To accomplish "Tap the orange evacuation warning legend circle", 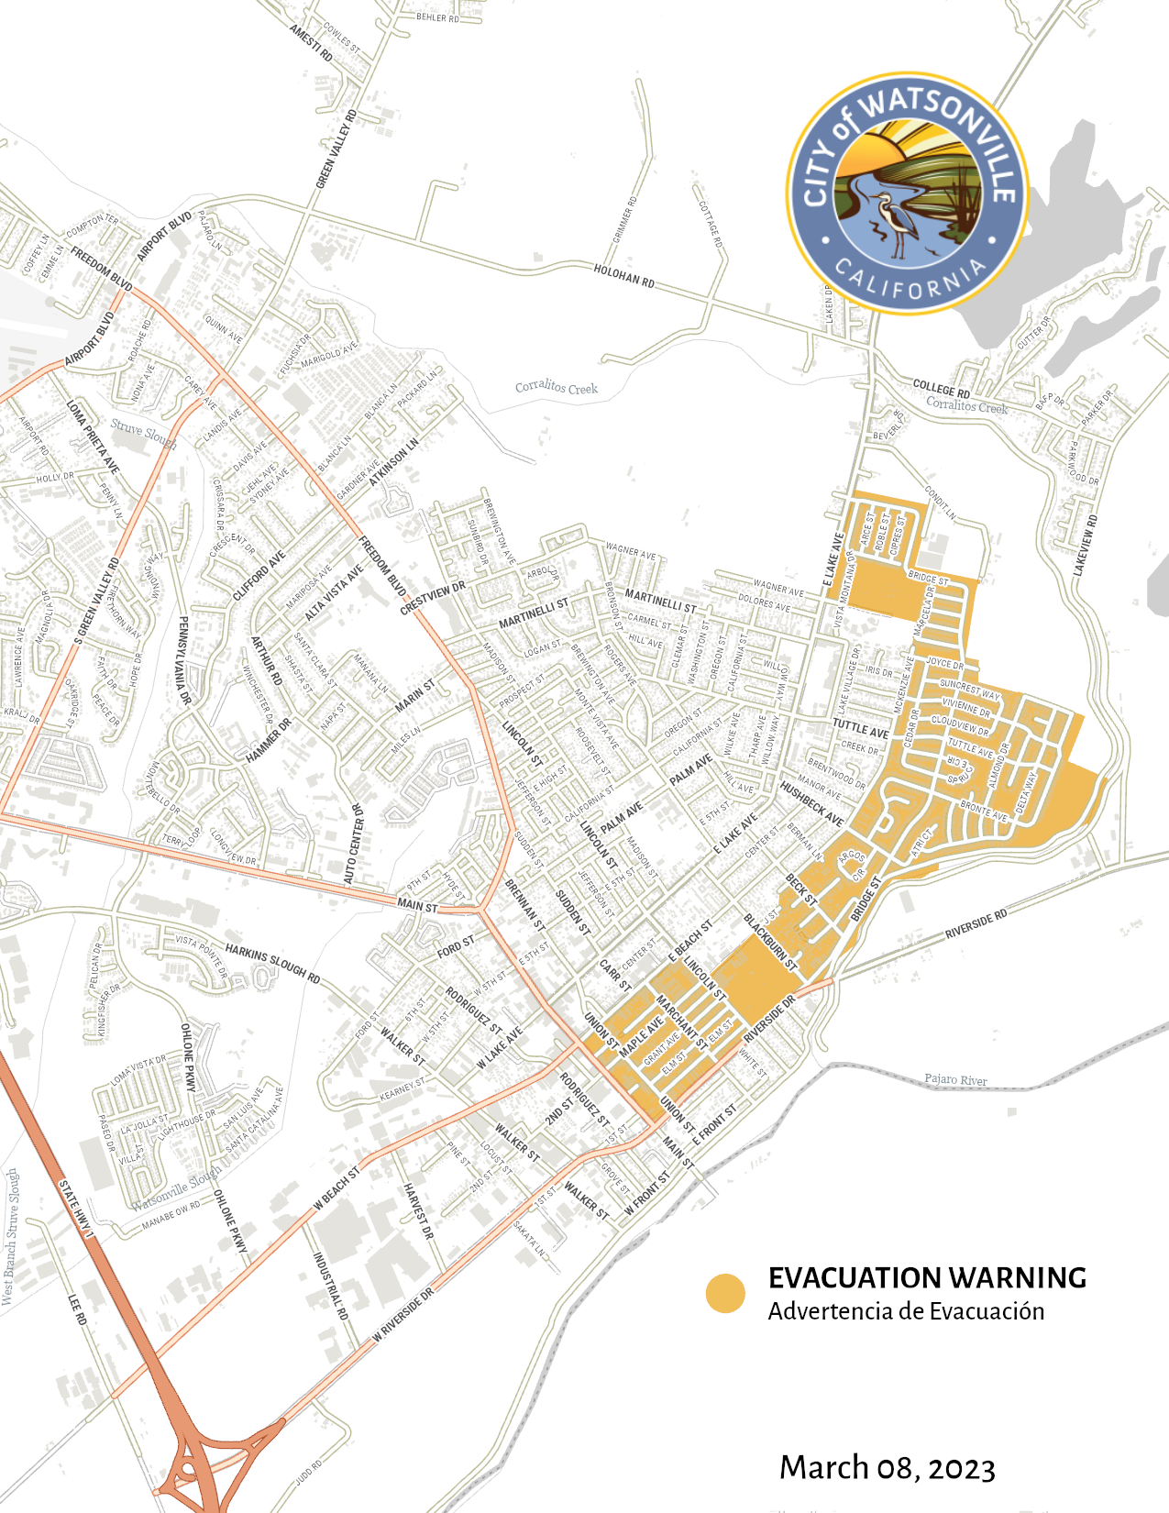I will coord(725,1294).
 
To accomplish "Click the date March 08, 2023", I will coord(887,1467).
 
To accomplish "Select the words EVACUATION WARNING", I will coord(927,1277).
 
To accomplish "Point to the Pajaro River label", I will coord(955,1079).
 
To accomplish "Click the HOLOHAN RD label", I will coord(623,275).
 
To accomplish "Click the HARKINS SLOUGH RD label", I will coord(272,964).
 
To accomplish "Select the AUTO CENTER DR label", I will coord(355,845).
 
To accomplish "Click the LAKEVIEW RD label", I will coord(1085,546).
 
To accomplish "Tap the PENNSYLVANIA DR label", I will coord(184,660).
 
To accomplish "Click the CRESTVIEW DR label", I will coord(433,597).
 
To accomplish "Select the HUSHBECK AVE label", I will coord(811,803).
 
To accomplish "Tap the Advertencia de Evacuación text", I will coord(906,1311).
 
